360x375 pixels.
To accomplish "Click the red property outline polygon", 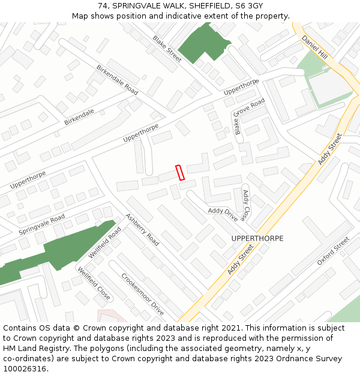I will click(179, 172).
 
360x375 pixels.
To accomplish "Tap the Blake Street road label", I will click(167, 49).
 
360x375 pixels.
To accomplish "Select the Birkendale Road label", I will click(117, 80).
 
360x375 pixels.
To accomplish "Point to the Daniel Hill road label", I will click(315, 46).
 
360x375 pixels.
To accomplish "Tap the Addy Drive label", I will click(223, 214).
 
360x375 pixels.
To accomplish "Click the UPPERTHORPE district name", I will click(257, 238).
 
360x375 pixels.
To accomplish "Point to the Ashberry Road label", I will click(142, 230).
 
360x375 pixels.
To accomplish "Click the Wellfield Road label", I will click(105, 242).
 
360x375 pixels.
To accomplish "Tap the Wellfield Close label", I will click(94, 284).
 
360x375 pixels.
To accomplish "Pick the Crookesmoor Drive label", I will click(142, 295).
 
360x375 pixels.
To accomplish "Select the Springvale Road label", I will click(41, 224).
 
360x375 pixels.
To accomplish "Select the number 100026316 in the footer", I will click(25, 368).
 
